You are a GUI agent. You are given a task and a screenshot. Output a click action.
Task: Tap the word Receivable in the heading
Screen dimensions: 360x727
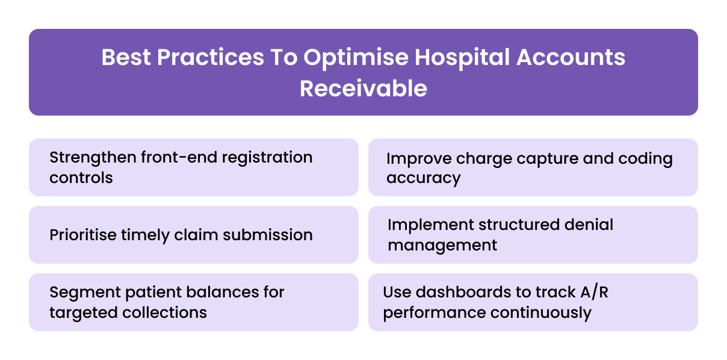point(363,88)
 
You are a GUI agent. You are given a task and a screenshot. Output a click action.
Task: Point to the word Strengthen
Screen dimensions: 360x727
point(92,158)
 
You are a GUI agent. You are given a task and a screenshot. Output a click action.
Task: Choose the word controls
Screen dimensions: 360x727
point(81,178)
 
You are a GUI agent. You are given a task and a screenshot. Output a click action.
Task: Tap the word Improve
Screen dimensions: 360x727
point(419,159)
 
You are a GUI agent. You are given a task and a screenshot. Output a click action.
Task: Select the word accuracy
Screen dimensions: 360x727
point(424,179)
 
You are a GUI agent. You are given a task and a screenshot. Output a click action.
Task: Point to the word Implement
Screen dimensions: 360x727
point(430,225)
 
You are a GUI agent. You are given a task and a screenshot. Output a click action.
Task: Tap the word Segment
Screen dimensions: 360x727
point(83,293)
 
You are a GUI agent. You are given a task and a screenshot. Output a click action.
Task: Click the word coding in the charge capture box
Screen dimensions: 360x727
point(645,159)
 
